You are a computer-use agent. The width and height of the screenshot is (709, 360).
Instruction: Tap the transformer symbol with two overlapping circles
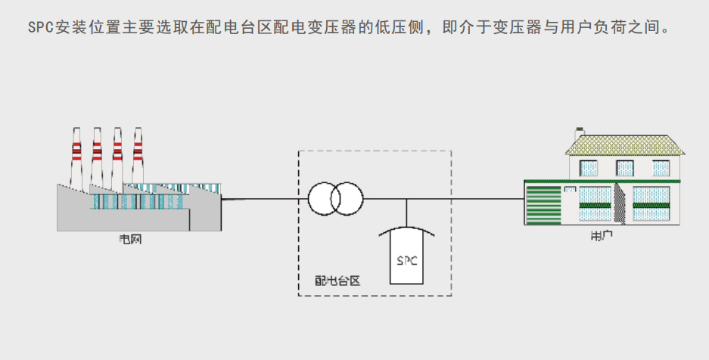point(335,199)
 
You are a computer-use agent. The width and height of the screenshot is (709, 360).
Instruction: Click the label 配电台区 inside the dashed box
point(337,281)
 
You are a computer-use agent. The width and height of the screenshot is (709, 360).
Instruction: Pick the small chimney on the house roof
point(580,133)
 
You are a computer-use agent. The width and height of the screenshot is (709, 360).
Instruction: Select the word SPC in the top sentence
point(40,28)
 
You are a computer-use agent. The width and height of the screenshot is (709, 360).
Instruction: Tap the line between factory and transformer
point(265,199)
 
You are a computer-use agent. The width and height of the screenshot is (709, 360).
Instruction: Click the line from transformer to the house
point(454,199)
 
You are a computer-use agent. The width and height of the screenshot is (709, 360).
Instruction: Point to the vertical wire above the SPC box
point(407,213)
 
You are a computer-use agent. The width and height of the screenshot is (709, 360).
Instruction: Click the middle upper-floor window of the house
point(625,167)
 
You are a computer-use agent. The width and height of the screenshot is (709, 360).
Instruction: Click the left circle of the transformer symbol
point(325,199)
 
